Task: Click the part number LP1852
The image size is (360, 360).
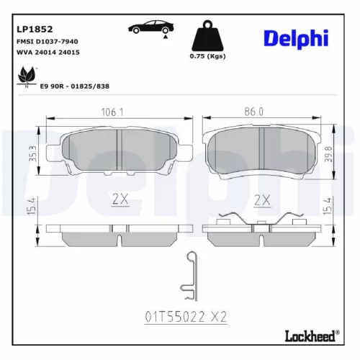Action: tap(34, 30)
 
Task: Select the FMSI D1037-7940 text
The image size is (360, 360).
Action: tap(48, 42)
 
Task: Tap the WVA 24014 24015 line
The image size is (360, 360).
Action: tap(48, 53)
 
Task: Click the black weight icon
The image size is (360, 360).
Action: tap(207, 37)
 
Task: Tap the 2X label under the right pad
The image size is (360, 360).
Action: tap(262, 199)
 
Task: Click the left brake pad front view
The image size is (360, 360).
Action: tap(119, 152)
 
